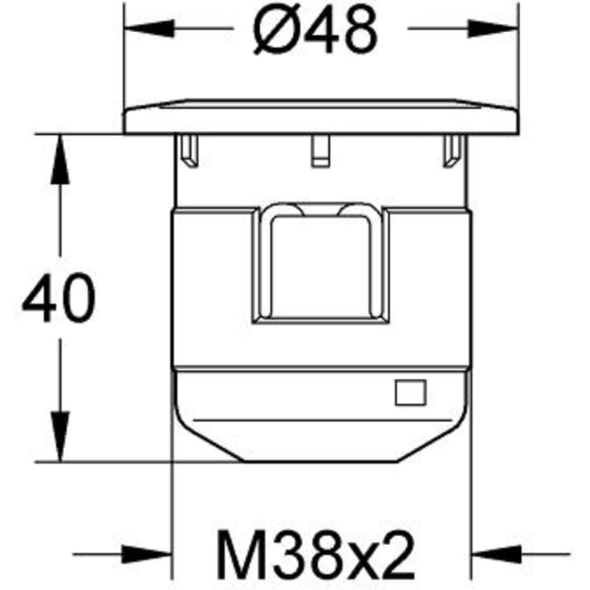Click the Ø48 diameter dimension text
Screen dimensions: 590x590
[x=315, y=29]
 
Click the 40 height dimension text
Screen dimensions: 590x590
[x=59, y=298]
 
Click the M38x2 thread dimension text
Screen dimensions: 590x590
[x=316, y=554]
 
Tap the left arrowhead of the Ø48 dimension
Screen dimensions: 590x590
[x=149, y=29]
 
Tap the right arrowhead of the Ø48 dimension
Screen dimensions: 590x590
[x=493, y=29]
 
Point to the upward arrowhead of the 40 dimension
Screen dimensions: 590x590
[x=60, y=159]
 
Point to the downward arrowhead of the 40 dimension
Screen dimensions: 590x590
[x=60, y=437]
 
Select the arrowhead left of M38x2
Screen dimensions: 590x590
[x=147, y=554]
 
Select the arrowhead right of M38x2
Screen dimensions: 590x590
[x=496, y=554]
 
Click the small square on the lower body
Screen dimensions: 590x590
[x=410, y=393]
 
